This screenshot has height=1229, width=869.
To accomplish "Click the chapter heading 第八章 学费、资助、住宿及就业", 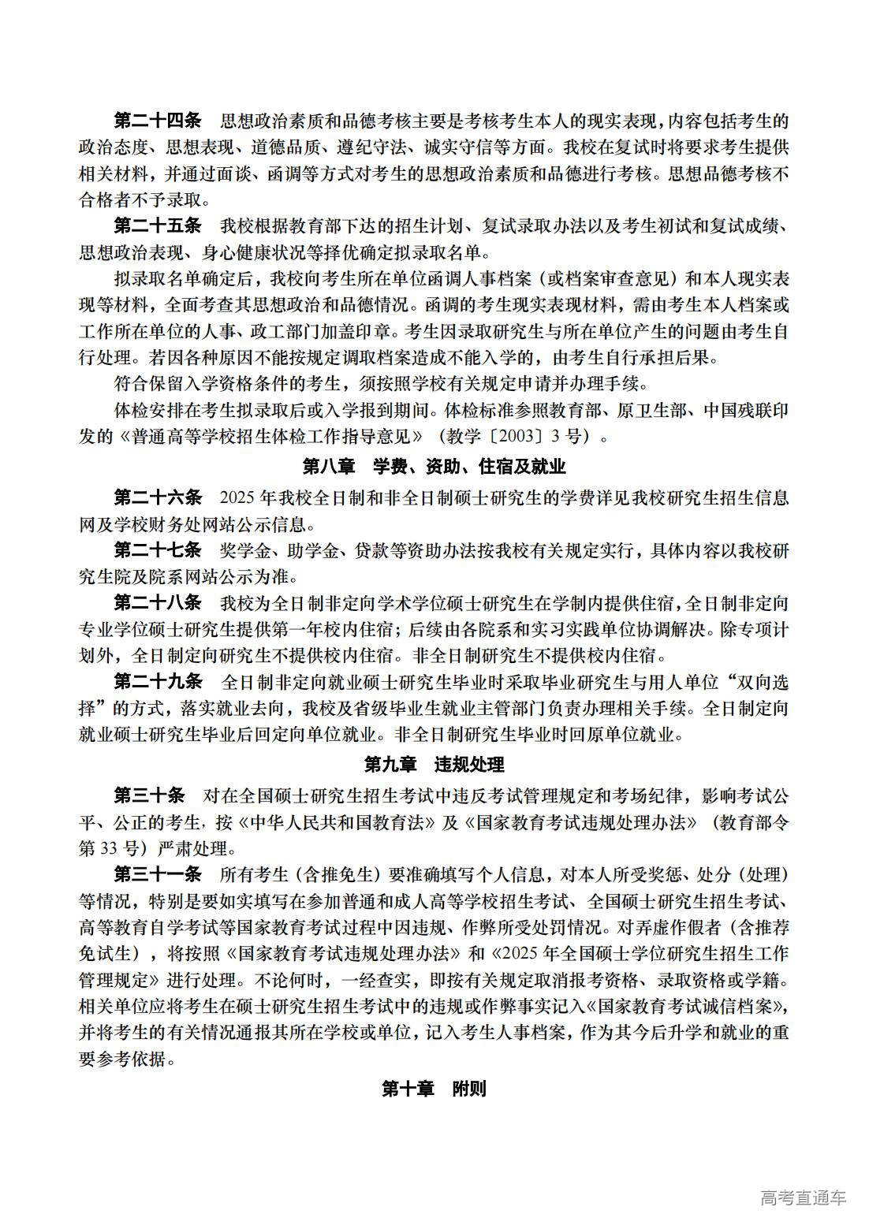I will coord(434,467).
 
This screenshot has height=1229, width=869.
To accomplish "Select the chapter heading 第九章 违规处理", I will coord(434,764).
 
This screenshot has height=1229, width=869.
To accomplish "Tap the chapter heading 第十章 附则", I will coord(434,1089).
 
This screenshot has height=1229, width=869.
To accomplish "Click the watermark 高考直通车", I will coord(803,1197).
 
